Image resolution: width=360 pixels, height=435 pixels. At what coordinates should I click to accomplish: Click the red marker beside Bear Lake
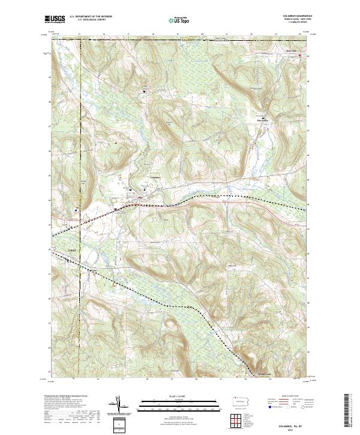pyautogui.click(x=301, y=56)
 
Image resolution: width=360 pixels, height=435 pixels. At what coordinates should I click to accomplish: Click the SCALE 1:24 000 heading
pyautogui.click(x=178, y=395)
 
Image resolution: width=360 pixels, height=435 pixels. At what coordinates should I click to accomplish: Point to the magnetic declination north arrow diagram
pyautogui.click(x=119, y=404)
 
